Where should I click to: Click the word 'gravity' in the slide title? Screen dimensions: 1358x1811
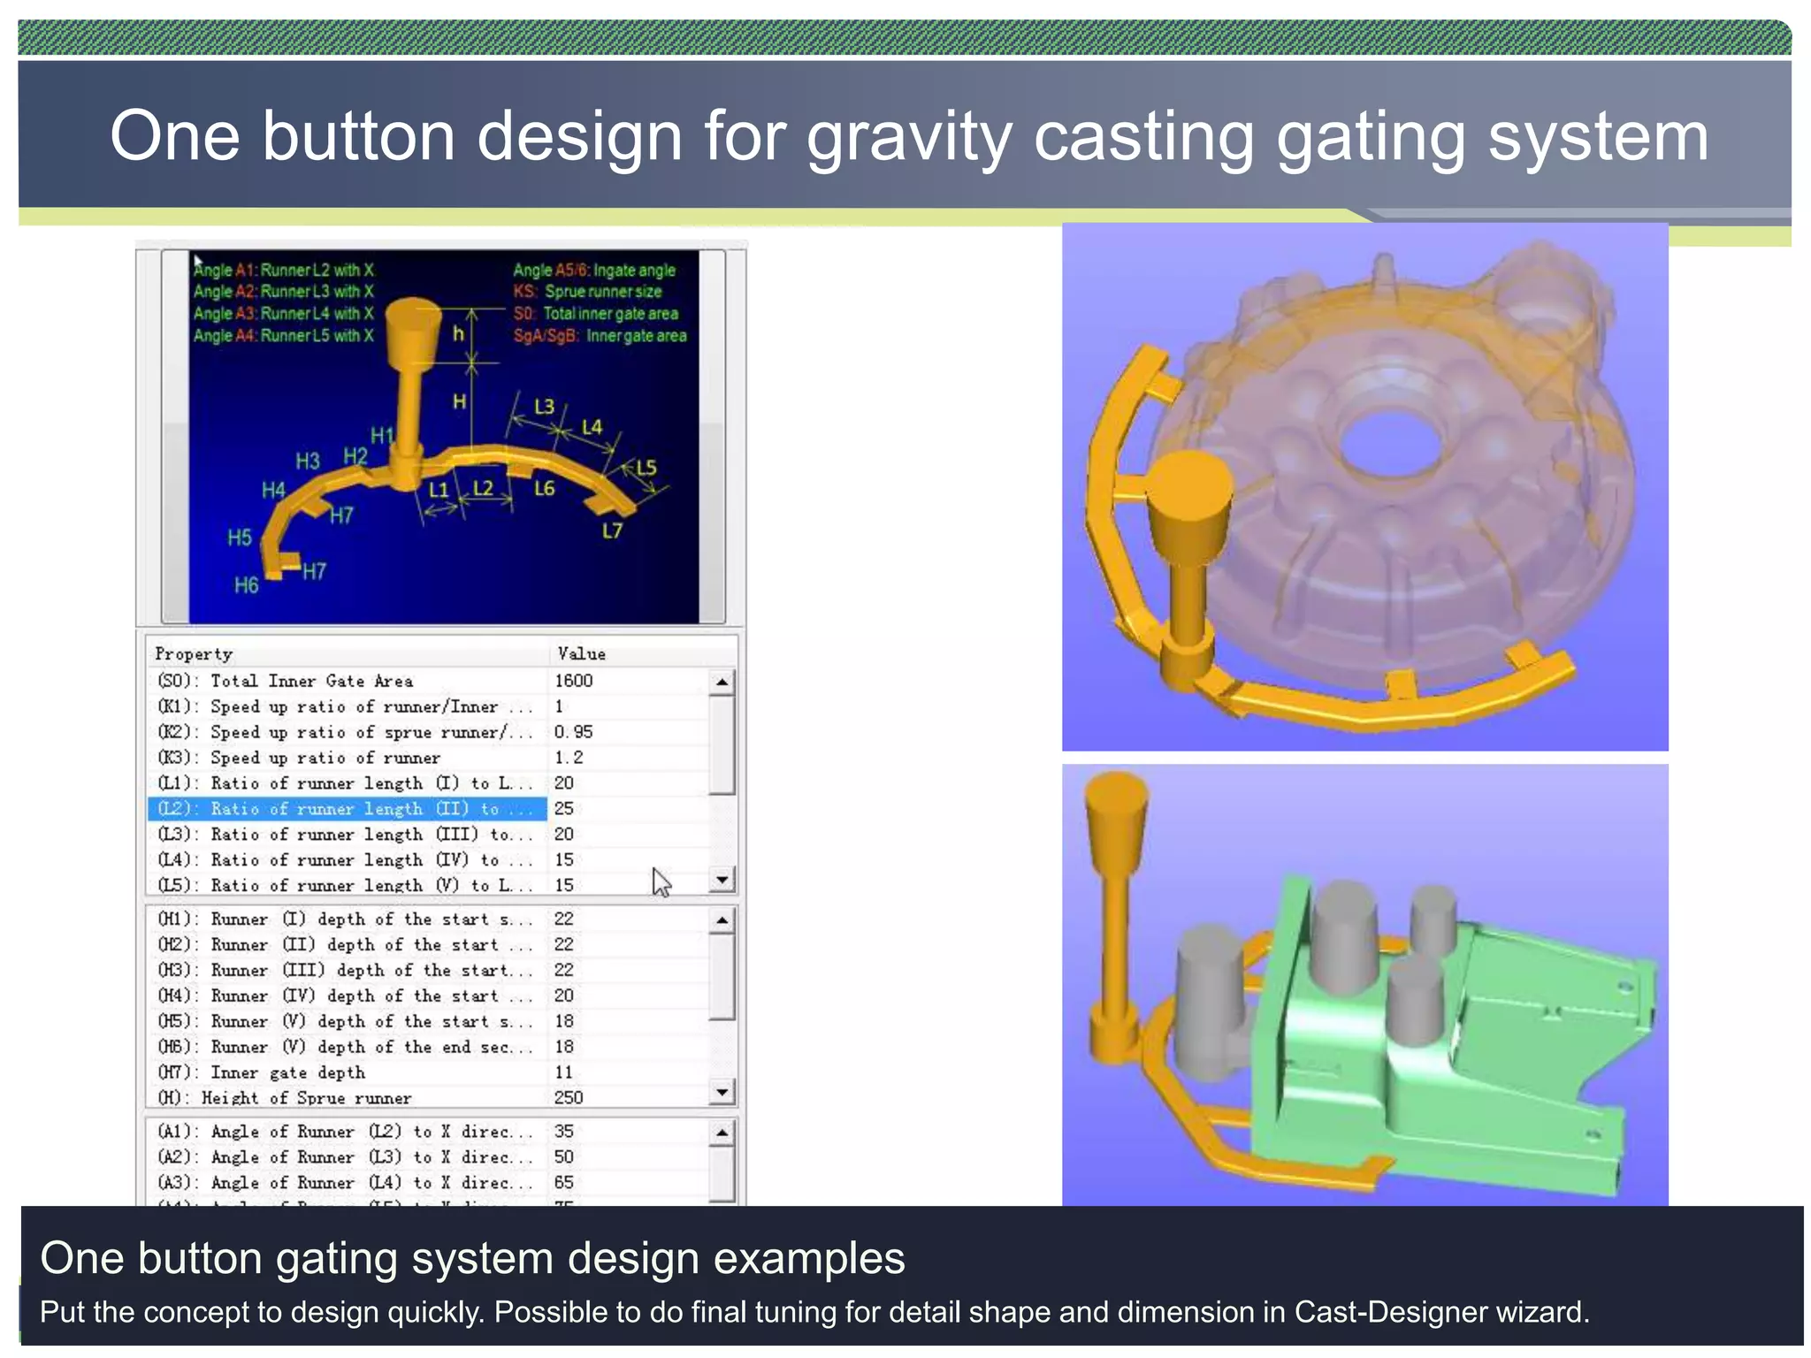(x=908, y=139)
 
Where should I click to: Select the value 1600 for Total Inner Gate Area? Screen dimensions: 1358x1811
(x=573, y=681)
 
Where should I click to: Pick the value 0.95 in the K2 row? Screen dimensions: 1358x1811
(x=573, y=732)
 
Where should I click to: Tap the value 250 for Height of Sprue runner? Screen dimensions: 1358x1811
(x=568, y=1097)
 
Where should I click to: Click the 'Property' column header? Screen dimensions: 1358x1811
(x=194, y=654)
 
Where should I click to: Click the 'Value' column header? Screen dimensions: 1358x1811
(x=581, y=654)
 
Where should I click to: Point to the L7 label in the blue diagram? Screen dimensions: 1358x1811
(x=612, y=530)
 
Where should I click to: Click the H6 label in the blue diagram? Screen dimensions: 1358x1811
(x=246, y=585)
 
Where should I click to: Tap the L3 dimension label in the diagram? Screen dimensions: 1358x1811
(x=544, y=406)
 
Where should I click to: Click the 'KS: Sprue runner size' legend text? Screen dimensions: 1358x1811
(x=587, y=292)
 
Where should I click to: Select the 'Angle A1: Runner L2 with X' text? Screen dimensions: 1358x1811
(x=283, y=271)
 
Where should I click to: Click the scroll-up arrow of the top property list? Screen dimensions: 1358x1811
(x=722, y=682)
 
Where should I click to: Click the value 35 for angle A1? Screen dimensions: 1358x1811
(x=563, y=1132)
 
